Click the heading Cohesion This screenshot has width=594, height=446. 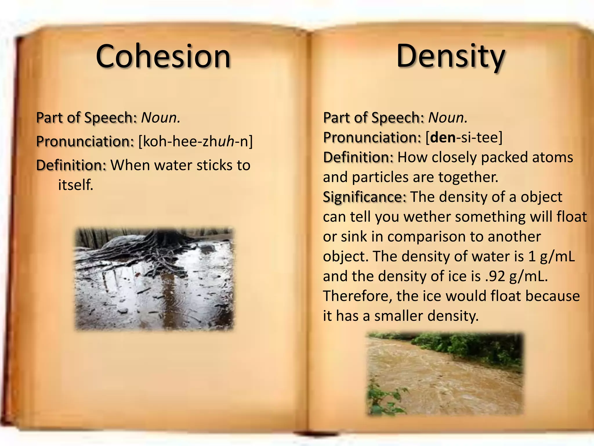163,56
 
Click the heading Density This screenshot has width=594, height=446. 450,56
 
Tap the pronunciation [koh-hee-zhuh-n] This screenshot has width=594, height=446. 195,142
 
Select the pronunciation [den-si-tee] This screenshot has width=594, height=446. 464,137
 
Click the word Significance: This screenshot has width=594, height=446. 365,197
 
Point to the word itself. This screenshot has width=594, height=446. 76,185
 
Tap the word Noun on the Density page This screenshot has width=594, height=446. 448,118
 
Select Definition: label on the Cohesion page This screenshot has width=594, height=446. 71,165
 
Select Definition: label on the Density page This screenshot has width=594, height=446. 358,157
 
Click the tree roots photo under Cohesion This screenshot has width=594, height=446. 154,279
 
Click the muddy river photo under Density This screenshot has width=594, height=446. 445,374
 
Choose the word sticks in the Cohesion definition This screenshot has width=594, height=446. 214,165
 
